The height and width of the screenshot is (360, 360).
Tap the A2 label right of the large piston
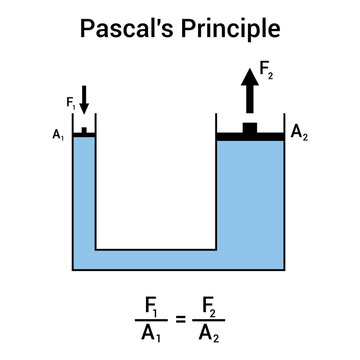coord(298,133)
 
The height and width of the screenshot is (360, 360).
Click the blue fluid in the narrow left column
coord(84,200)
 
